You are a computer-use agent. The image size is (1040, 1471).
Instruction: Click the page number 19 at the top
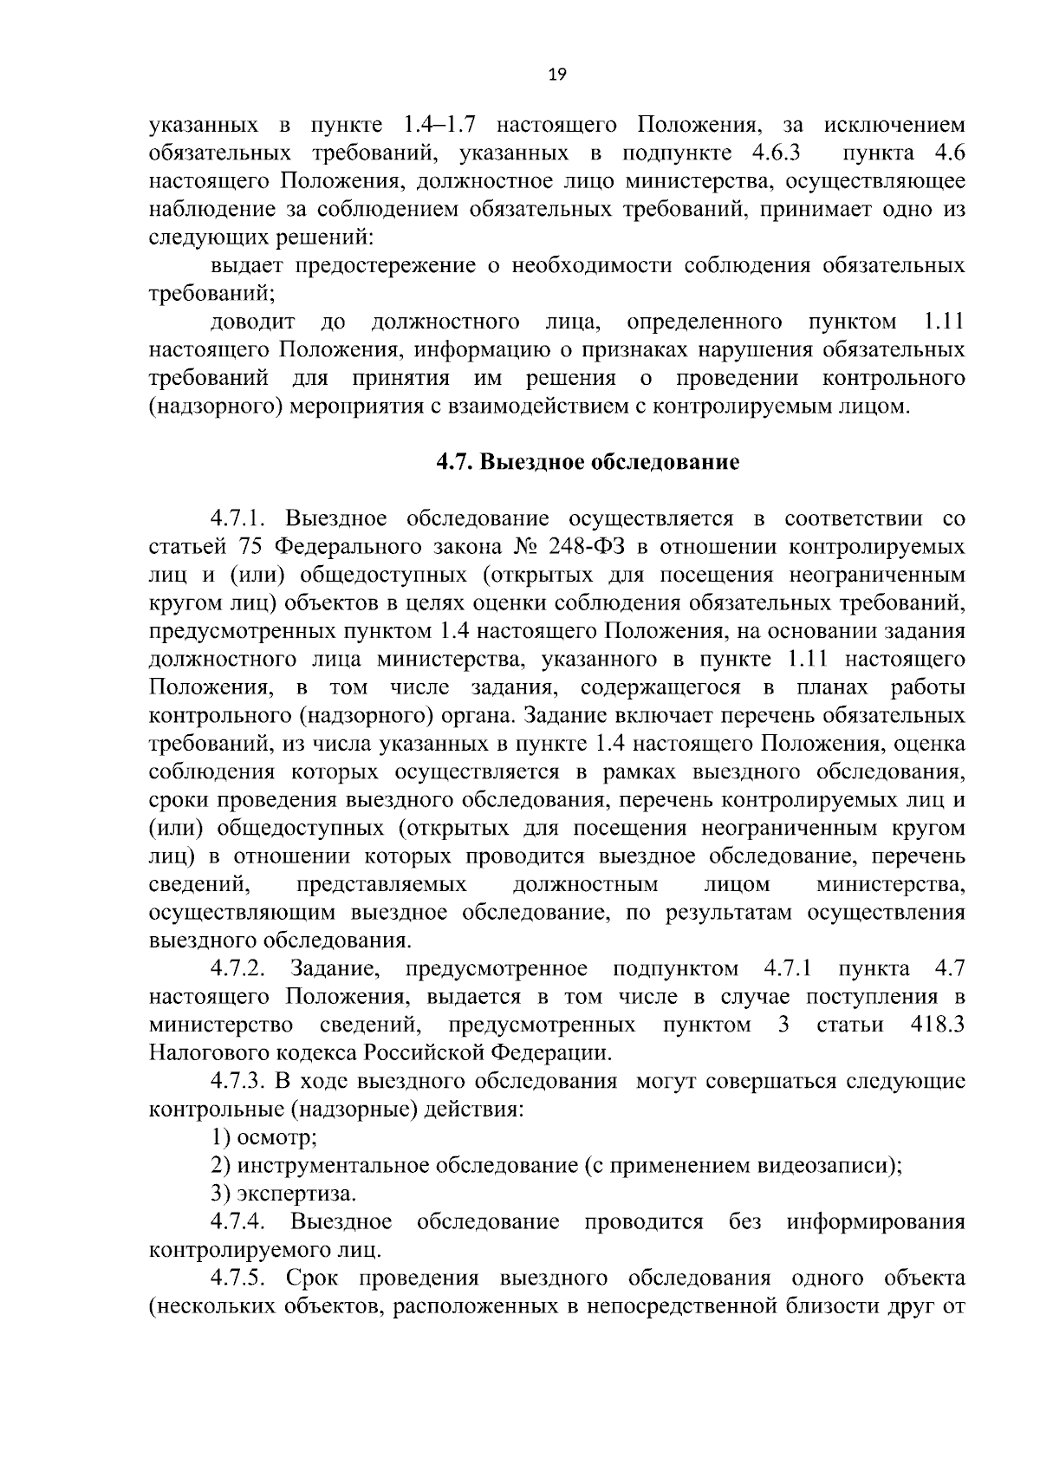coord(557,75)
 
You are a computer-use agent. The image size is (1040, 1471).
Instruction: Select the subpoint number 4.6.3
coord(771,153)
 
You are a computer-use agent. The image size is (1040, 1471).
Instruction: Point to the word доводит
coord(252,322)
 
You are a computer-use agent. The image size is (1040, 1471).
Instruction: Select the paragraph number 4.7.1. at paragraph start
coord(242,519)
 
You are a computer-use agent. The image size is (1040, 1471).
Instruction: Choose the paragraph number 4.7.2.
coord(242,968)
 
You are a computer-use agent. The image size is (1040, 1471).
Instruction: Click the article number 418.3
coord(938,1025)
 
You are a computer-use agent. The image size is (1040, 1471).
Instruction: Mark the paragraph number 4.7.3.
coord(242,1081)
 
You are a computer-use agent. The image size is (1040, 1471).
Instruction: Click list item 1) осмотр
coord(264,1137)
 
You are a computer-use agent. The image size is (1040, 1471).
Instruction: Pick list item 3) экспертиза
coord(283,1194)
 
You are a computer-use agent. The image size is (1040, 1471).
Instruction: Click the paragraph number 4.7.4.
coord(242,1222)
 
